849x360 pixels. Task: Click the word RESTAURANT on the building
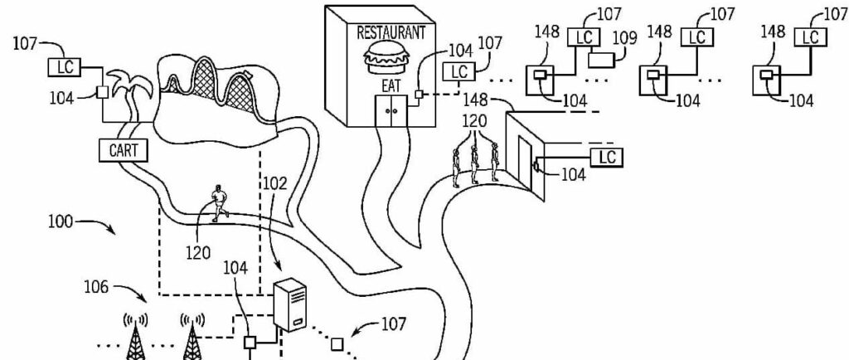coord(391,33)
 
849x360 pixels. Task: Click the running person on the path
coord(218,202)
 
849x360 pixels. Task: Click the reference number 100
coord(60,221)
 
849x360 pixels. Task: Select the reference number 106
coord(98,287)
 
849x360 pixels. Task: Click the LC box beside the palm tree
coord(64,65)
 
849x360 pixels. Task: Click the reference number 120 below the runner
coord(199,251)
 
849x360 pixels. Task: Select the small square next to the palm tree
coord(104,92)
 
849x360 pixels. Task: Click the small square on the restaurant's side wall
coord(420,95)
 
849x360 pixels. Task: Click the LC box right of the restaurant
coord(458,72)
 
